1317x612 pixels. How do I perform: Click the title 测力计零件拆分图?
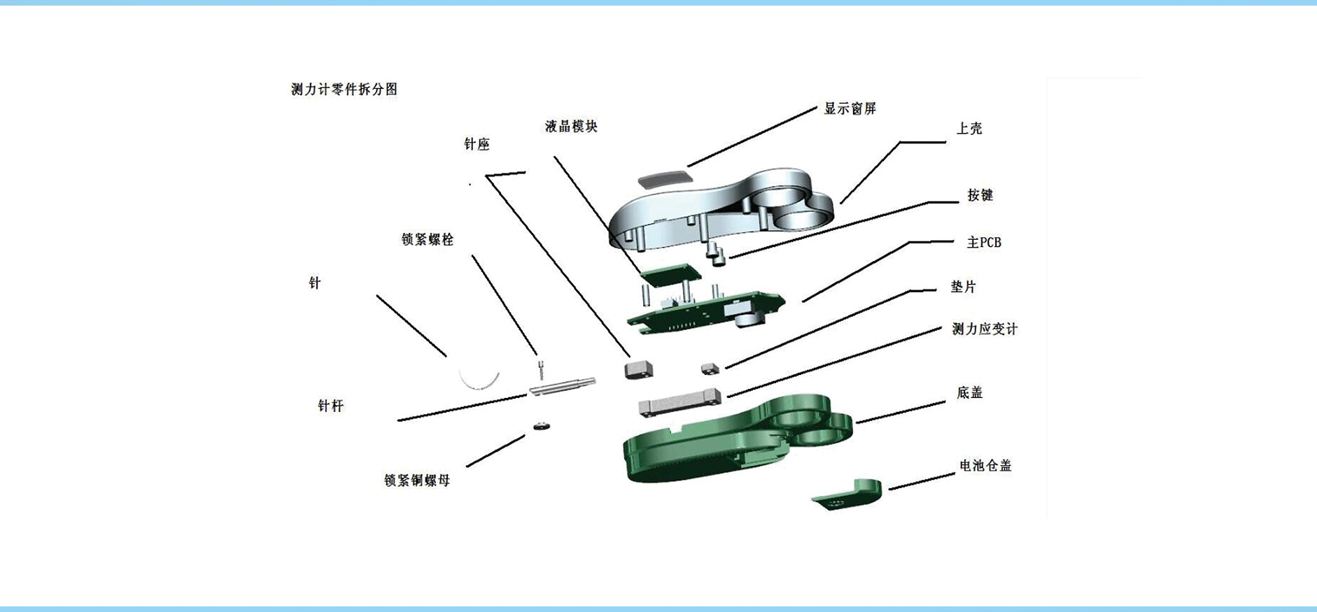pyautogui.click(x=344, y=90)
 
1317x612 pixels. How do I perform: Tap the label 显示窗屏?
pyautogui.click(x=850, y=108)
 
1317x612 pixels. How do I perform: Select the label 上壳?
pyautogui.click(x=969, y=129)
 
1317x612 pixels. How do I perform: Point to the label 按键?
pyautogui.click(x=980, y=195)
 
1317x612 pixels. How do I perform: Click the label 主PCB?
pyautogui.click(x=984, y=243)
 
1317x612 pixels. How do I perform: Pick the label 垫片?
pyautogui.click(x=963, y=287)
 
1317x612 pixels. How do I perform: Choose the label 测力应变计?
pyautogui.click(x=985, y=329)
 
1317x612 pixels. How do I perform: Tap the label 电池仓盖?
pyautogui.click(x=985, y=465)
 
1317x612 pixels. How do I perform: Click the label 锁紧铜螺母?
pyautogui.click(x=417, y=481)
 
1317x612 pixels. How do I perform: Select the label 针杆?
pyautogui.click(x=330, y=406)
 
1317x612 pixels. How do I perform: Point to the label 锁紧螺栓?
pyautogui.click(x=428, y=239)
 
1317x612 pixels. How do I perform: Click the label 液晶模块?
pyautogui.click(x=571, y=127)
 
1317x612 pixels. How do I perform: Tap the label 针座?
pyautogui.click(x=477, y=144)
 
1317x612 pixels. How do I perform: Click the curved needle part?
pyautogui.click(x=478, y=385)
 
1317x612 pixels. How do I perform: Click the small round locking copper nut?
pyautogui.click(x=542, y=425)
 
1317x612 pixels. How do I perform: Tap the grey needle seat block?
pyautogui.click(x=638, y=369)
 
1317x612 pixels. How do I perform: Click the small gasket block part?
pyautogui.click(x=710, y=368)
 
